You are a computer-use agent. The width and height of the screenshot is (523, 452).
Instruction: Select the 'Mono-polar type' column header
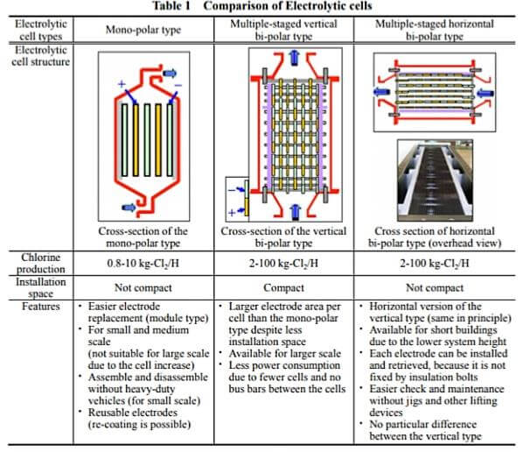click(143, 27)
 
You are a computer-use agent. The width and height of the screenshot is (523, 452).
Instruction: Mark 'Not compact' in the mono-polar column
click(143, 287)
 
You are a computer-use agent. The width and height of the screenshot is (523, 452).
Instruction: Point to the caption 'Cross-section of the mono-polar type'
click(143, 237)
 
